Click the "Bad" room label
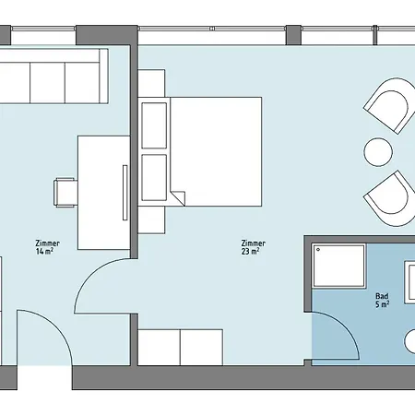point(382,296)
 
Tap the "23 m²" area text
point(250,251)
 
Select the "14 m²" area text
point(44,251)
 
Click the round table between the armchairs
point(378,152)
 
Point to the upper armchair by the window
point(390,105)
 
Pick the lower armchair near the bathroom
point(391,199)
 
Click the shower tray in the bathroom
point(338,266)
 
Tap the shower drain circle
point(318,250)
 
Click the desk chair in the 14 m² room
point(65,193)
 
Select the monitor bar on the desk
point(125,193)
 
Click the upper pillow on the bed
point(154,125)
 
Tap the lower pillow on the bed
point(154,177)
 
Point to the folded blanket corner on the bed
point(177,197)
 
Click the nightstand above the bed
point(151,83)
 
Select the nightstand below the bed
point(151,219)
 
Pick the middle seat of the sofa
point(48,83)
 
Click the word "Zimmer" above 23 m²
point(254,243)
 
